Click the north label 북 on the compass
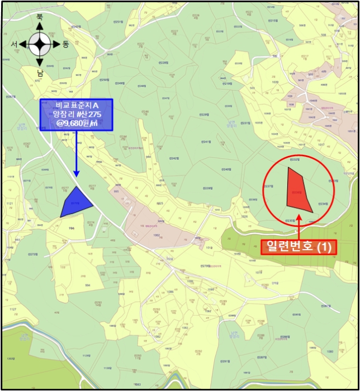(x=40, y=18)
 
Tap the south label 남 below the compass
(x=40, y=72)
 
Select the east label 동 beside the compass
(x=65, y=44)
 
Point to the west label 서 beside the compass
(x=14, y=44)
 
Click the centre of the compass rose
(x=40, y=44)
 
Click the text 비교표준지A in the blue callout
(x=77, y=105)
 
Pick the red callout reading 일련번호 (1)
(x=299, y=246)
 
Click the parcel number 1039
(x=275, y=82)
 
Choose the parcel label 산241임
(x=207, y=142)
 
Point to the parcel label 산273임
(x=32, y=254)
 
